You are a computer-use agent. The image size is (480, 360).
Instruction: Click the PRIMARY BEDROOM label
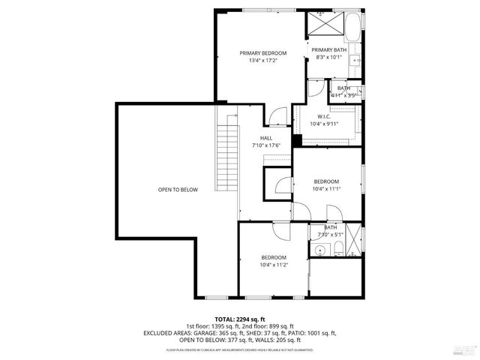pos(263,52)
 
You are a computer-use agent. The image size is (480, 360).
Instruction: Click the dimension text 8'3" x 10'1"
pos(328,57)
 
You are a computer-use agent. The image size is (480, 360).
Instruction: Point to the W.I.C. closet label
pos(324,116)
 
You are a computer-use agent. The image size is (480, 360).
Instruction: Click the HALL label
pos(266,138)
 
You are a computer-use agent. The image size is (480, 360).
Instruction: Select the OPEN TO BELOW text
pos(178,190)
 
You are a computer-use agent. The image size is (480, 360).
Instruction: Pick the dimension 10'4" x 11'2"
pos(274,265)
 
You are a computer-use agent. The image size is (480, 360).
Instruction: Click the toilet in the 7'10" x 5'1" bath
pos(338,249)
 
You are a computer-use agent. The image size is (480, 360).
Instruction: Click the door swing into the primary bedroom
pos(277,115)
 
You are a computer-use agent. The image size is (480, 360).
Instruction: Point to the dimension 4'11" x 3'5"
pos(345,95)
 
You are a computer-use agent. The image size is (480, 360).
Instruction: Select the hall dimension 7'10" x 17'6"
pos(266,145)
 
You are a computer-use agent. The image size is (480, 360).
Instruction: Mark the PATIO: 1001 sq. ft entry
pos(316,333)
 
